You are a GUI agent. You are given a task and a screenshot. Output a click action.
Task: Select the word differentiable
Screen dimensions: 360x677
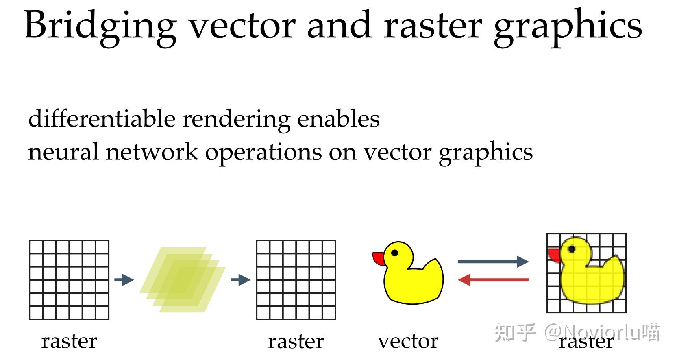pyautogui.click(x=102, y=119)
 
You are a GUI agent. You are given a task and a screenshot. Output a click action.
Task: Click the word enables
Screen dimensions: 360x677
pyautogui.click(x=338, y=119)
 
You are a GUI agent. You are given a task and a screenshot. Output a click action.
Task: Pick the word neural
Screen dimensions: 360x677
pyautogui.click(x=63, y=152)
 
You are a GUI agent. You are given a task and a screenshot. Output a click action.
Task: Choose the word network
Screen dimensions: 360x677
pyautogui.click(x=152, y=152)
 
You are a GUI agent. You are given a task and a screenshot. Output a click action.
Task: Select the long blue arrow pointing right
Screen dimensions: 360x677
pyautogui.click(x=493, y=262)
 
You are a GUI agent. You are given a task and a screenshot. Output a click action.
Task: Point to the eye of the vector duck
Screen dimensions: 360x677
pyautogui.click(x=394, y=253)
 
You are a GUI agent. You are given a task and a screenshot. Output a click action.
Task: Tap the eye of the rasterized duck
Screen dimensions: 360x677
pyautogui.click(x=572, y=249)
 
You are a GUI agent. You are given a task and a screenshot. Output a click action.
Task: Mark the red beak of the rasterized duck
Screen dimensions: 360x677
pyautogui.click(x=554, y=255)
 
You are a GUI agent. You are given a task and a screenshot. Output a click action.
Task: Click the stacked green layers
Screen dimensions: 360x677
pyautogui.click(x=183, y=280)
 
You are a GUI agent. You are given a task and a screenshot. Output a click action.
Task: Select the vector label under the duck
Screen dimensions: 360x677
pyautogui.click(x=408, y=341)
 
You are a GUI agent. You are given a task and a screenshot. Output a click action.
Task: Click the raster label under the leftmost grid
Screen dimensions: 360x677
pyautogui.click(x=69, y=341)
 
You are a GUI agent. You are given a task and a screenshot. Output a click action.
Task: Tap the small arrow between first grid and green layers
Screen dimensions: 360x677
pyautogui.click(x=124, y=280)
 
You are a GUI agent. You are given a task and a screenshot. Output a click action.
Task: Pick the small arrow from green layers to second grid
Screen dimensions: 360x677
pyautogui.click(x=240, y=280)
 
